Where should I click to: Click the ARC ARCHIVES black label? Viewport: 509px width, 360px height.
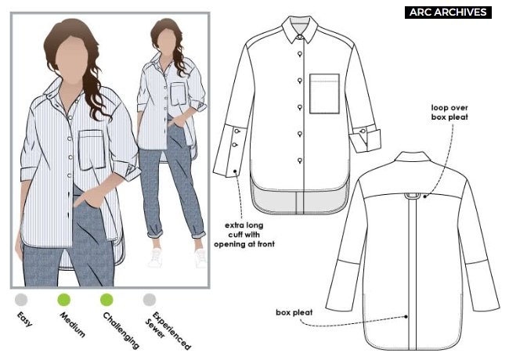(x=448, y=13)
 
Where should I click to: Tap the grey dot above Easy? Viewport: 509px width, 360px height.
(x=21, y=300)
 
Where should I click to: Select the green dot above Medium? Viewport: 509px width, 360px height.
(x=64, y=300)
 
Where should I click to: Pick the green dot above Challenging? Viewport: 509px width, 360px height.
(x=106, y=300)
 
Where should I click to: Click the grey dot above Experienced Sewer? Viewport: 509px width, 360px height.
(x=150, y=300)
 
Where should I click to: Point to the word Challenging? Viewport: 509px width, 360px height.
(x=121, y=330)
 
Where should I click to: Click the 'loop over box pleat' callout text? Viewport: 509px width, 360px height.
(x=449, y=112)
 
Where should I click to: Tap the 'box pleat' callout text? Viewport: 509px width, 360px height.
(x=294, y=312)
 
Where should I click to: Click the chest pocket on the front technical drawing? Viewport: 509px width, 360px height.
(x=324, y=94)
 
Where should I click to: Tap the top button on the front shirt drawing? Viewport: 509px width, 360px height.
(x=300, y=54)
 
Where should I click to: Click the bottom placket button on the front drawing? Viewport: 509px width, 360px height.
(x=300, y=160)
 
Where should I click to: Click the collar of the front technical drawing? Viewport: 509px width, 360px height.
(x=300, y=29)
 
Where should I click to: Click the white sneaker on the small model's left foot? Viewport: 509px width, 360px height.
(x=200, y=257)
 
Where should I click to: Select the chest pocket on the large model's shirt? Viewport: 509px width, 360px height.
(x=92, y=149)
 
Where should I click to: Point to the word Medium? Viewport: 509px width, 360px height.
(x=72, y=325)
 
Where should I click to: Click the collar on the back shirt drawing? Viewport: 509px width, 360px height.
(x=413, y=157)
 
